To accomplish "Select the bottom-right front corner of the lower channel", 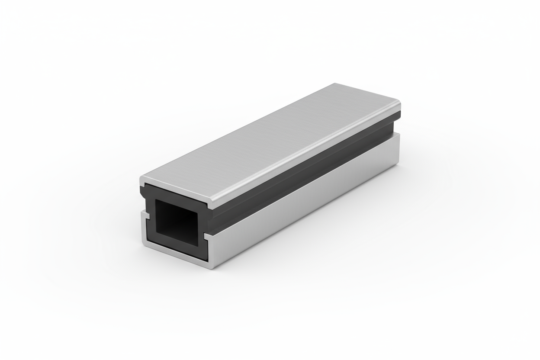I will coord(211,267).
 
